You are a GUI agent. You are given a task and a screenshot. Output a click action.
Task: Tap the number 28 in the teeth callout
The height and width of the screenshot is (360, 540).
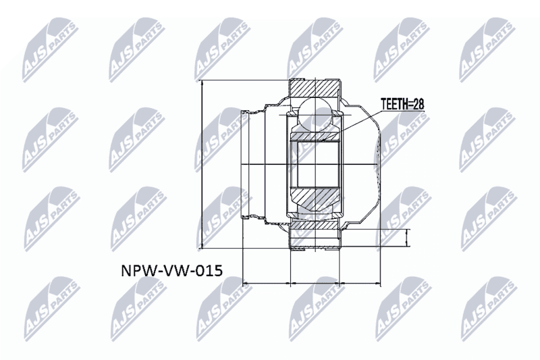tap(418, 104)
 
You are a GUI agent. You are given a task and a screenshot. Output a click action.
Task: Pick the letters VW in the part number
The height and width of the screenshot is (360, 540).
tap(175, 270)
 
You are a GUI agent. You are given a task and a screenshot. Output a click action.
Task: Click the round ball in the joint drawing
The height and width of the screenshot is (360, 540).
tap(315, 115)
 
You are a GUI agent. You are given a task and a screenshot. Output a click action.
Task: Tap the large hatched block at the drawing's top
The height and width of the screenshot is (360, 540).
tap(314, 88)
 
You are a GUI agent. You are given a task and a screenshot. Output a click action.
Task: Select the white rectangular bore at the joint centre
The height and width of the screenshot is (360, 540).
tap(315, 164)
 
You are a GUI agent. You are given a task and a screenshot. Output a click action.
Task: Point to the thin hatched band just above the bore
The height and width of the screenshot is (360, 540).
tap(315, 136)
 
